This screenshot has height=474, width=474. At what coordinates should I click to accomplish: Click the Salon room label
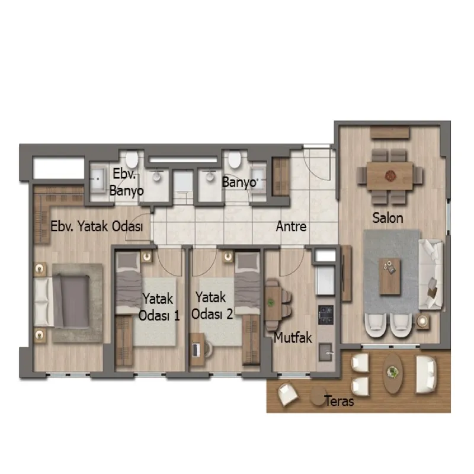(387, 217)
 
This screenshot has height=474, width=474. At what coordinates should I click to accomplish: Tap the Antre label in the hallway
(291, 226)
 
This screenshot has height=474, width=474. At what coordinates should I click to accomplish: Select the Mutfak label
(293, 337)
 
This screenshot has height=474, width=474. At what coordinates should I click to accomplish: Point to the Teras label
(339, 401)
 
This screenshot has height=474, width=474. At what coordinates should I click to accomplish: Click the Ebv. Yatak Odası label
(97, 226)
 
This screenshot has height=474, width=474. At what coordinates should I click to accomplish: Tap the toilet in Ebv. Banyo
(132, 159)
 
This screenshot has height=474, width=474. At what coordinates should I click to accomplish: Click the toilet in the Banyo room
(234, 159)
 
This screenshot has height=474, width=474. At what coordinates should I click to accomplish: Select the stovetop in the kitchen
(325, 315)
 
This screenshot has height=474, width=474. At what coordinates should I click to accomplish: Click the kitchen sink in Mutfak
(325, 352)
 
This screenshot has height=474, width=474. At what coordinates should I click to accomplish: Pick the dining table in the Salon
(390, 176)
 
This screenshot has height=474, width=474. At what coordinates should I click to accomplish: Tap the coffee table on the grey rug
(390, 276)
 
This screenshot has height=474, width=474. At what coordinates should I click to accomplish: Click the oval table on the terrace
(392, 374)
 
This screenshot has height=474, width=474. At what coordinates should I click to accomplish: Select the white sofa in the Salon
(431, 274)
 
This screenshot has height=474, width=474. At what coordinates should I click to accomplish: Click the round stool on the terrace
(317, 395)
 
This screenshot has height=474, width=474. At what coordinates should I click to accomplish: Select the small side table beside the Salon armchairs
(422, 321)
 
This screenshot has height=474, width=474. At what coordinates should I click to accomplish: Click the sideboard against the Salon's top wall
(390, 132)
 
